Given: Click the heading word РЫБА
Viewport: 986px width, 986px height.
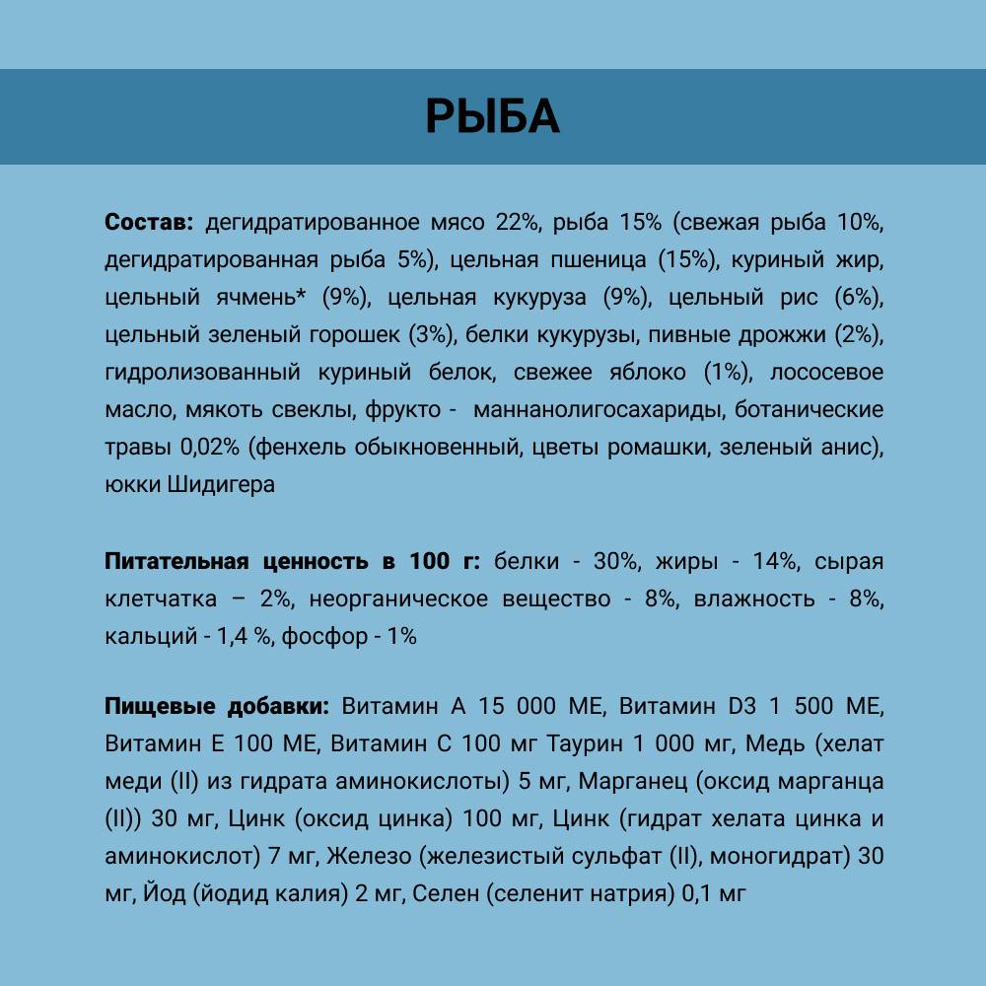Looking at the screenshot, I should (492, 116).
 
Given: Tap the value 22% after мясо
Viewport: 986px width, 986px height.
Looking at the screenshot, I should (518, 223).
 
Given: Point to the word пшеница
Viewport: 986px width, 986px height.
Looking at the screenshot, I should (597, 260).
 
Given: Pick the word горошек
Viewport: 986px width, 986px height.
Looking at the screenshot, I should (351, 335).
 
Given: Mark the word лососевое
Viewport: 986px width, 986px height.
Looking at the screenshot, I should (826, 373).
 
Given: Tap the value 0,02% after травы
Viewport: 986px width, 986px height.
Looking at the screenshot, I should (210, 448).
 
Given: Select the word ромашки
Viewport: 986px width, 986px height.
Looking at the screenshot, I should (668, 448).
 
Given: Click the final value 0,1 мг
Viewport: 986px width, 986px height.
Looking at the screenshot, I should (714, 893).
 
